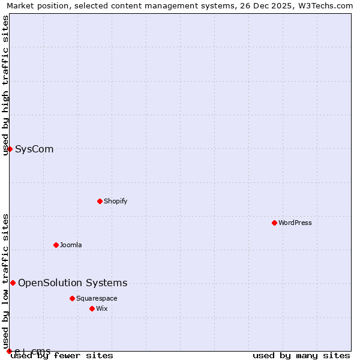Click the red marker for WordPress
point(274,223)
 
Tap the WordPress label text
point(295,223)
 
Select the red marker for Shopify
point(100,201)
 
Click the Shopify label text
point(115,201)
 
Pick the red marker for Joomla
point(56,245)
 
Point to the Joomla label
point(71,245)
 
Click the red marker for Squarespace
point(72,298)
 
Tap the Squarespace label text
point(97,298)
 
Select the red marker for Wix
point(92,308)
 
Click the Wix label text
point(101,308)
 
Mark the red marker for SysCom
point(10,149)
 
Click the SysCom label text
point(34,149)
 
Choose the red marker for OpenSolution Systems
point(13,283)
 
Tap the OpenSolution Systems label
point(73,283)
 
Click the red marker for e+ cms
point(9,351)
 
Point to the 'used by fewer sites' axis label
point(62,356)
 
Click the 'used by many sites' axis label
point(301,356)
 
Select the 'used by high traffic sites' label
point(5,85)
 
